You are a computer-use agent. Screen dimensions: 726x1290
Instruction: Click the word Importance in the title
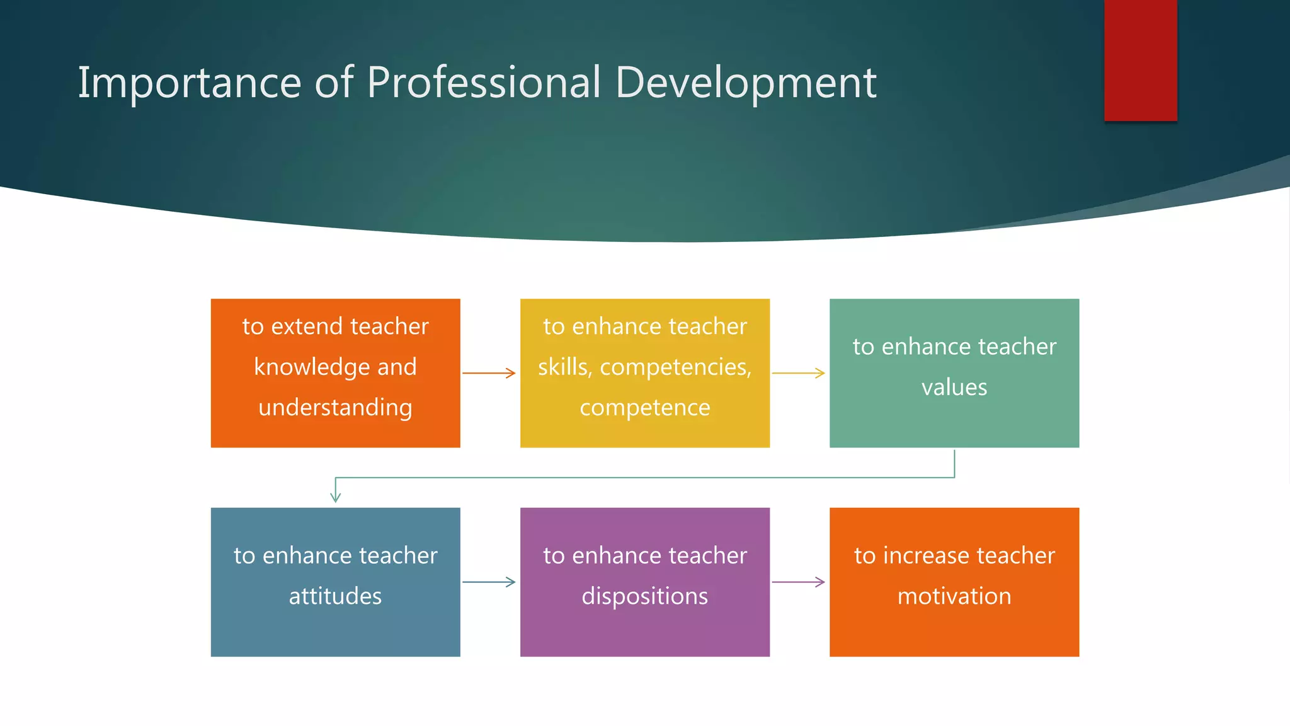pos(190,83)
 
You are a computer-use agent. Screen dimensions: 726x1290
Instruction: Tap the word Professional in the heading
pos(484,83)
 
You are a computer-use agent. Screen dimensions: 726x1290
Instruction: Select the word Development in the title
pos(746,83)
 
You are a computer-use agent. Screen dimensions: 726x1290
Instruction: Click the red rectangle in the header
pos(1140,60)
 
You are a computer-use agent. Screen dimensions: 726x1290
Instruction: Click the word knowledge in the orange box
pos(312,367)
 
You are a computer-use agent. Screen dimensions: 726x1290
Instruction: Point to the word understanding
pos(335,408)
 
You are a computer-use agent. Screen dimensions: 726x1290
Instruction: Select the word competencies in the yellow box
pos(675,367)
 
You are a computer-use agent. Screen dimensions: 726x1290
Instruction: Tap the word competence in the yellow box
pos(645,408)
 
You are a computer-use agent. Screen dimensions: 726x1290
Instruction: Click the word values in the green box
pos(954,387)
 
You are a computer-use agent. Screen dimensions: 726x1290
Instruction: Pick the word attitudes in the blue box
pos(335,596)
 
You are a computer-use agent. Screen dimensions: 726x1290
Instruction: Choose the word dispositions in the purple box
pos(645,596)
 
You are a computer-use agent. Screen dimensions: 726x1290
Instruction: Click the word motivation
pos(954,596)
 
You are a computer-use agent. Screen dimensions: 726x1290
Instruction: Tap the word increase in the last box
pos(925,556)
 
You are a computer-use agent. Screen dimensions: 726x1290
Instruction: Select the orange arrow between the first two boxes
pos(489,373)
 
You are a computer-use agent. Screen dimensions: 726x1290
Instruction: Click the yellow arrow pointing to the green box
pos(799,373)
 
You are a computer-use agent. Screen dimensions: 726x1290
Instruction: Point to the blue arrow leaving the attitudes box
pos(489,582)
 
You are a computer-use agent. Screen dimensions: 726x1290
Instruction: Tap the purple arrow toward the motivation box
pos(799,582)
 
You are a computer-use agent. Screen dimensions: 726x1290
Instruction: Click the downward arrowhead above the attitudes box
pos(336,497)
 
